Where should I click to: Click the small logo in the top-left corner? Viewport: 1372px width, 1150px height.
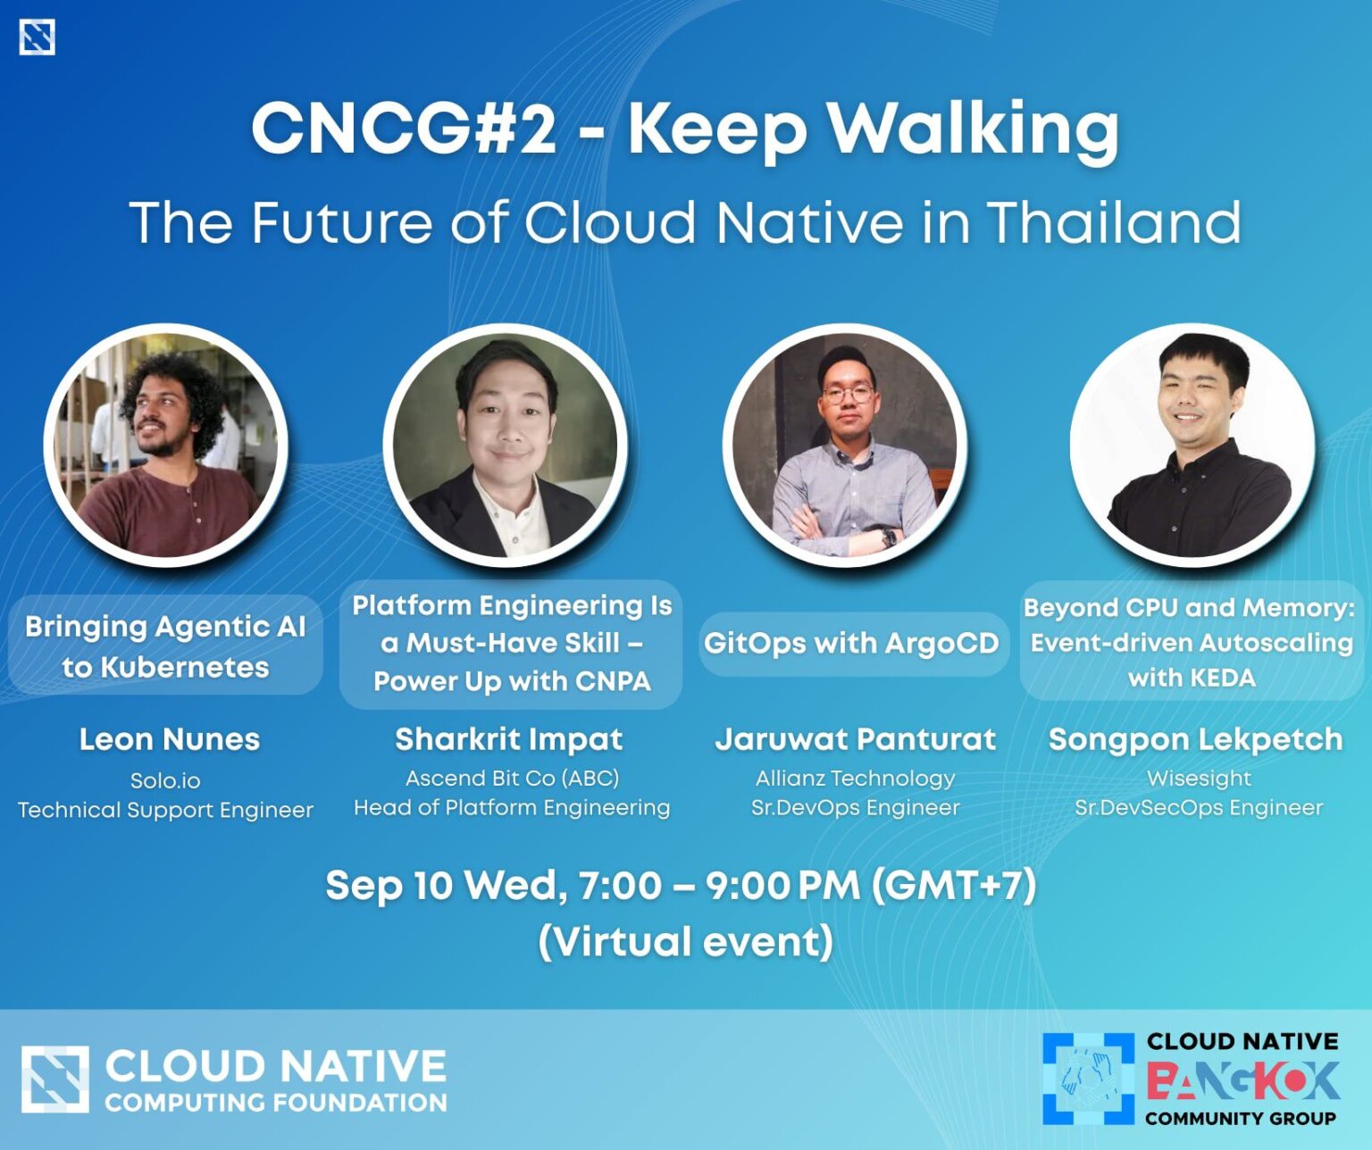pos(37,37)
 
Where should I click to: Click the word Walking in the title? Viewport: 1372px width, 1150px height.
pos(973,129)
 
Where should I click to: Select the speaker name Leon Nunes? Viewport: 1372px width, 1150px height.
pos(170,739)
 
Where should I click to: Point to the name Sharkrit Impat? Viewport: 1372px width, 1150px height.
pos(509,739)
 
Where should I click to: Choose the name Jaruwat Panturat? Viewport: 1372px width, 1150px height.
pos(855,739)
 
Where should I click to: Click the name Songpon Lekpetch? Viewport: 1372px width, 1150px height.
pos(1195,739)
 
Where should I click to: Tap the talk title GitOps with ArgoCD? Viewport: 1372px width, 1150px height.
pos(851,643)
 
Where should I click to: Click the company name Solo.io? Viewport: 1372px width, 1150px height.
pos(165,780)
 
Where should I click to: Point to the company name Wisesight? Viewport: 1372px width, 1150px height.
pos(1199,779)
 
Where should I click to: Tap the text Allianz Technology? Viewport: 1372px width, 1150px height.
pos(855,779)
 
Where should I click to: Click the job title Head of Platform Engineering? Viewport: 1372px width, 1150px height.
pos(512,808)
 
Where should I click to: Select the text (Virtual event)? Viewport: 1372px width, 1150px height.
pos(686,942)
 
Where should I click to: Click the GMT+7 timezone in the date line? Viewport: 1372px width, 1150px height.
pos(954,886)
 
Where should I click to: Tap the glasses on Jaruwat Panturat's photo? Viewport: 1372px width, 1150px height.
pos(848,394)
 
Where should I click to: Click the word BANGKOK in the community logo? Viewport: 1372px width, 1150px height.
pos(1242,1080)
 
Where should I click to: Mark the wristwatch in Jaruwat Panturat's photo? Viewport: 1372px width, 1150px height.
pos(889,537)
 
